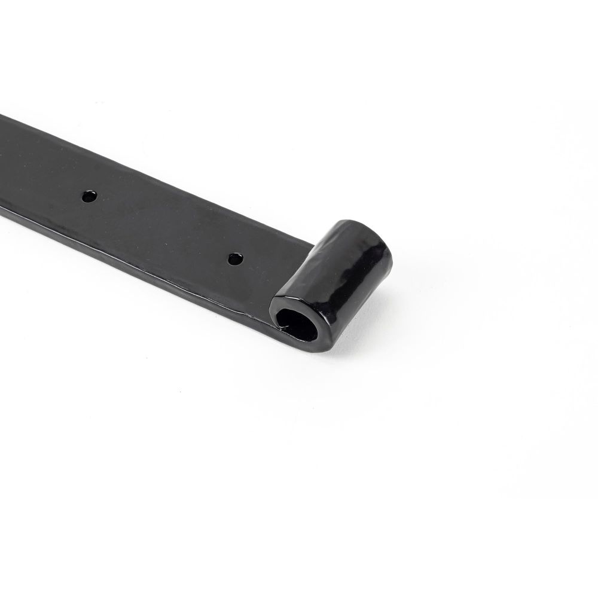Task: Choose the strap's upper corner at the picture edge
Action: [x=2, y=116]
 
